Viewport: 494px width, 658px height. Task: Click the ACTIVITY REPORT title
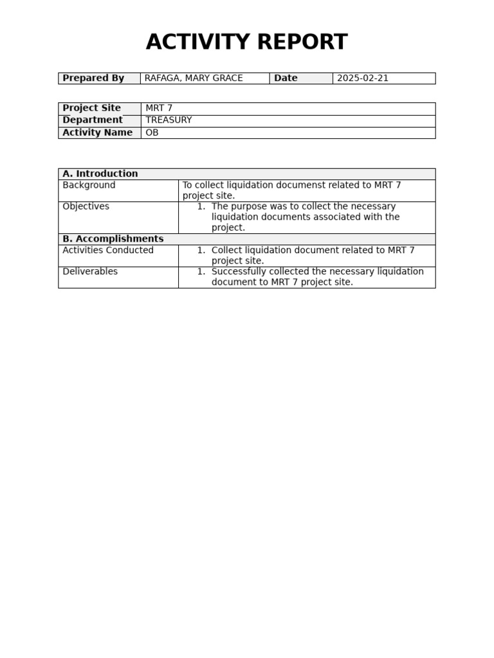point(246,42)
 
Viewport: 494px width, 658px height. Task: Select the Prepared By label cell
point(93,78)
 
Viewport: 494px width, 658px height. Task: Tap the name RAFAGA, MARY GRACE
point(194,78)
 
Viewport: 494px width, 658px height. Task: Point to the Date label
point(286,78)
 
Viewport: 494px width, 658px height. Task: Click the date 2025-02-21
point(363,78)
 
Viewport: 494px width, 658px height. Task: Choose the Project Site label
point(91,108)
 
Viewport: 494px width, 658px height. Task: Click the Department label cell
point(93,120)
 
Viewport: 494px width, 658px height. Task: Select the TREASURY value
point(169,120)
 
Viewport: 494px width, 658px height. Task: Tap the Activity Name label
point(97,133)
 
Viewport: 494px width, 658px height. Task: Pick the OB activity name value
point(152,133)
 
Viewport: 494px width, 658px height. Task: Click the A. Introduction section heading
point(100,174)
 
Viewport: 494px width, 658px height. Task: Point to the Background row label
point(89,185)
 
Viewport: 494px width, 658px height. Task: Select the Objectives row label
point(86,206)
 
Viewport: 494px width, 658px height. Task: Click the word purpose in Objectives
point(250,206)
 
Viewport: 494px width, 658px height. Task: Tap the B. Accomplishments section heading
point(113,239)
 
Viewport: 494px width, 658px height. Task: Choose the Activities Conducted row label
point(108,250)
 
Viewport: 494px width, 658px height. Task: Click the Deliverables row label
point(90,272)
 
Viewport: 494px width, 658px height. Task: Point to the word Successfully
point(242,272)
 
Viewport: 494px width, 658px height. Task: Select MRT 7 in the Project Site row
point(159,108)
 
